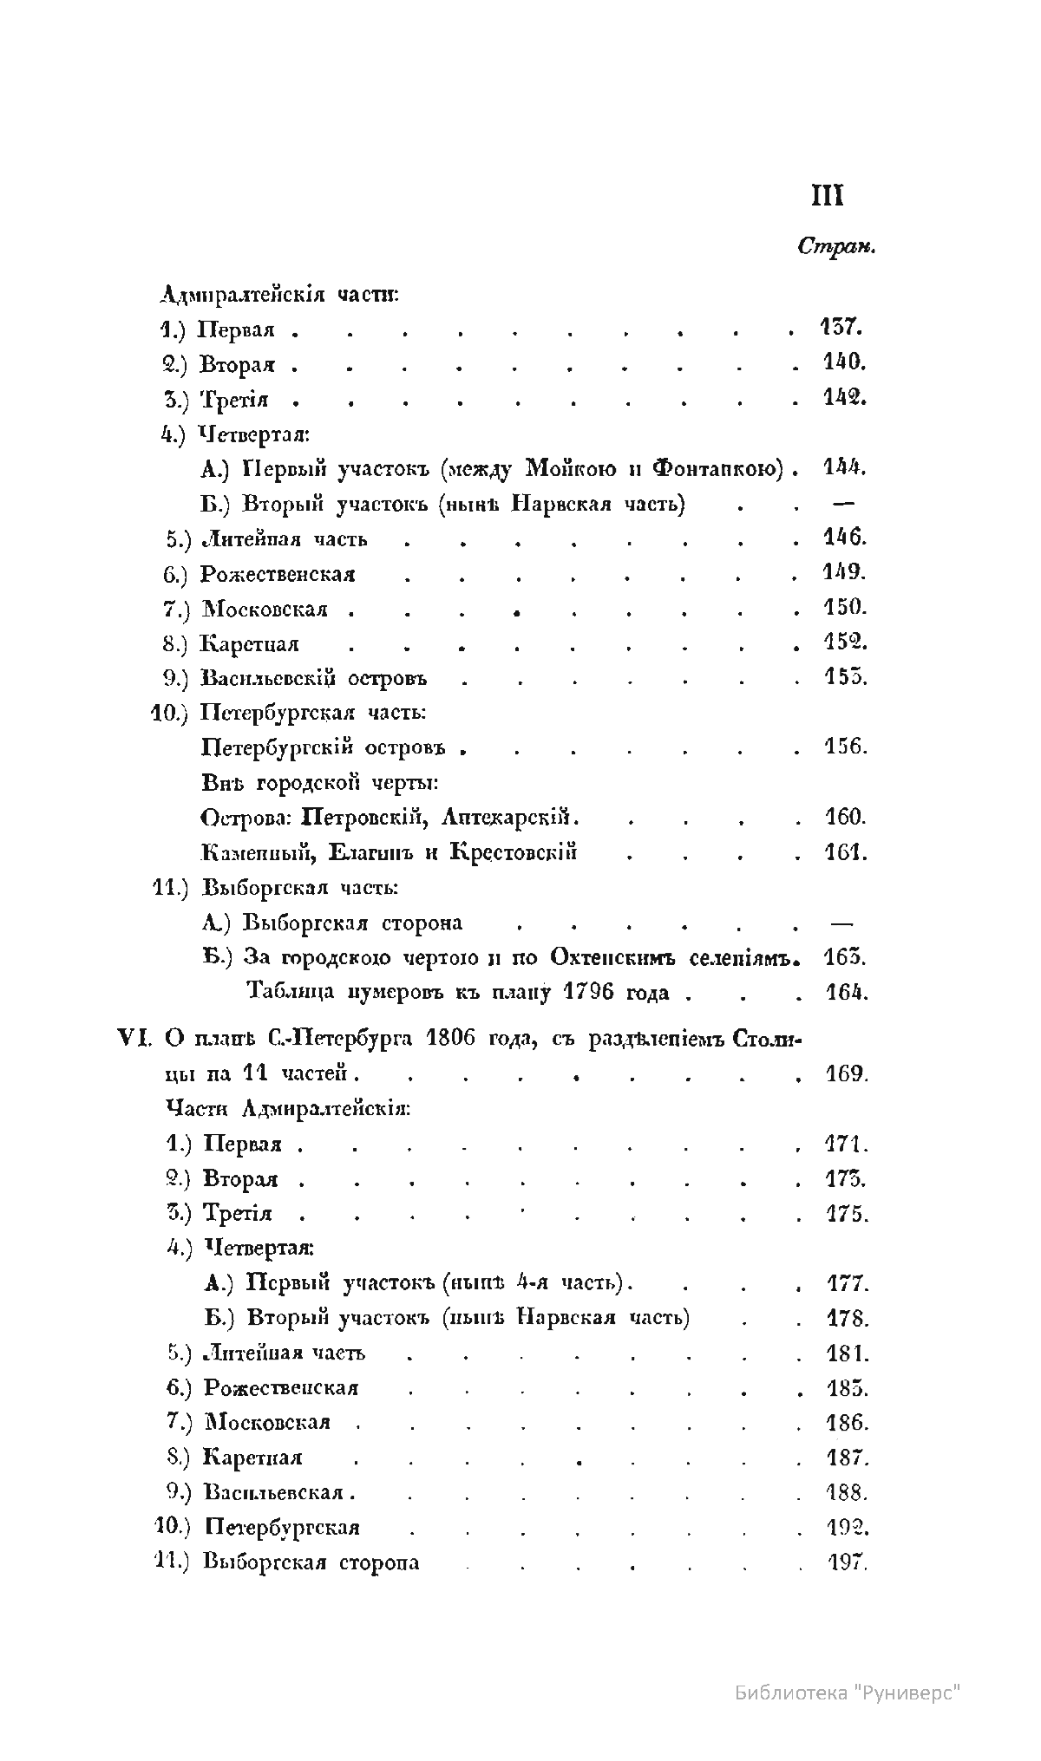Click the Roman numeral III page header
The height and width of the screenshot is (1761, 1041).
(x=828, y=197)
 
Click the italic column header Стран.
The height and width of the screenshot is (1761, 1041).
(x=835, y=247)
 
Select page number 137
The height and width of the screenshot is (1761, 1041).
(x=839, y=329)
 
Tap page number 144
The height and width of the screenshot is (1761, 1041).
(x=844, y=468)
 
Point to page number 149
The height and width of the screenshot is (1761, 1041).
(x=844, y=572)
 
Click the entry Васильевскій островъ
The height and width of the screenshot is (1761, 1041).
(x=313, y=678)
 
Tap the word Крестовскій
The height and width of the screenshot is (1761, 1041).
(x=514, y=852)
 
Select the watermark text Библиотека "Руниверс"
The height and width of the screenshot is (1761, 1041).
(x=848, y=1692)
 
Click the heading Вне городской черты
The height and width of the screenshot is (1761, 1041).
(x=319, y=783)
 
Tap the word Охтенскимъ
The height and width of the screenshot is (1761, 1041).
(x=614, y=958)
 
